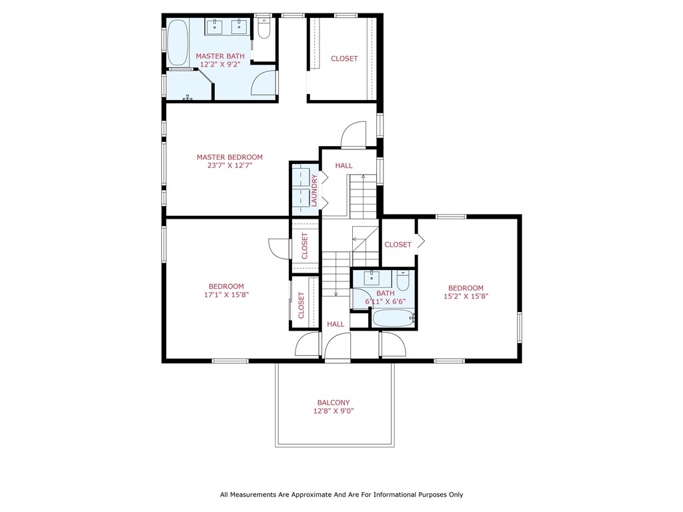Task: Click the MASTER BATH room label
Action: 219,56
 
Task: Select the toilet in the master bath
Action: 263,29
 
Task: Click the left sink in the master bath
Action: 215,27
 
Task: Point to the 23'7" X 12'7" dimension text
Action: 229,166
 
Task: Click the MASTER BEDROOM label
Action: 229,157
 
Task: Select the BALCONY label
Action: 333,403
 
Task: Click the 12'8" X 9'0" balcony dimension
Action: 333,411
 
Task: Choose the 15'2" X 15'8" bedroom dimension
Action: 466,297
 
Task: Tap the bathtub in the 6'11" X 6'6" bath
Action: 394,318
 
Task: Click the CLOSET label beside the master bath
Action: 344,59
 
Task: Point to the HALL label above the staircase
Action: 344,166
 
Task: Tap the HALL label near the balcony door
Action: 335,325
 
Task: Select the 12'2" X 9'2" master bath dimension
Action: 219,65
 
